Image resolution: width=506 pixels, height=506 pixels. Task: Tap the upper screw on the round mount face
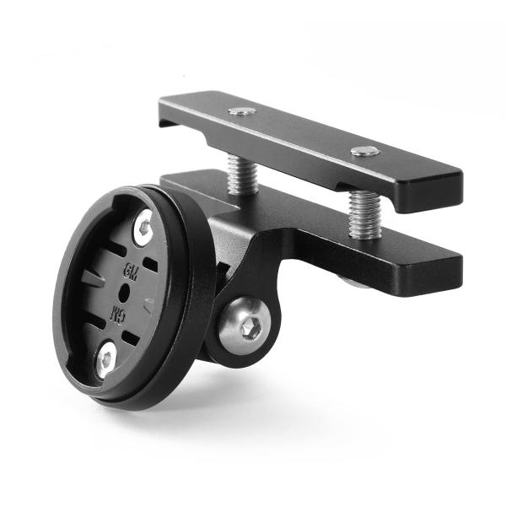pyautogui.click(x=143, y=226)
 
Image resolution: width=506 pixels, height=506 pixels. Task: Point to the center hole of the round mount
pyautogui.click(x=124, y=292)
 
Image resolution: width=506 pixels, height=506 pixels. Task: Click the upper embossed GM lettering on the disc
pyautogui.click(x=131, y=271)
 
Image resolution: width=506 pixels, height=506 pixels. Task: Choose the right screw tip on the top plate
pyautogui.click(x=364, y=152)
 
